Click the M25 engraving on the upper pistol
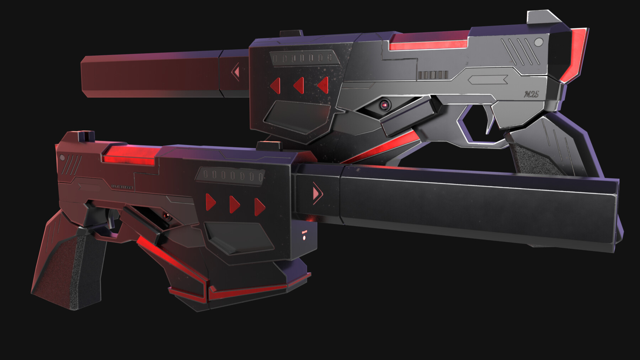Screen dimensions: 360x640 click(531, 94)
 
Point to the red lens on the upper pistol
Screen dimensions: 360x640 click(384, 105)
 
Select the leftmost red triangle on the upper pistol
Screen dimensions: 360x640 click(276, 86)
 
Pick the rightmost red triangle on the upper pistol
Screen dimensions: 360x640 click(323, 85)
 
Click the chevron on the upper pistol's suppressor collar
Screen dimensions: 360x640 click(236, 72)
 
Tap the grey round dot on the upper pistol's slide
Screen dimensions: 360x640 click(539, 43)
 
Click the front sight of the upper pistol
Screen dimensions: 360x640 click(291, 34)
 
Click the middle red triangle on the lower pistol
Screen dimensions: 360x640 click(235, 204)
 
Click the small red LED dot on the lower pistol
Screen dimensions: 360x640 click(304, 237)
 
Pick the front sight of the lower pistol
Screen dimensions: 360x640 click(269, 145)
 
